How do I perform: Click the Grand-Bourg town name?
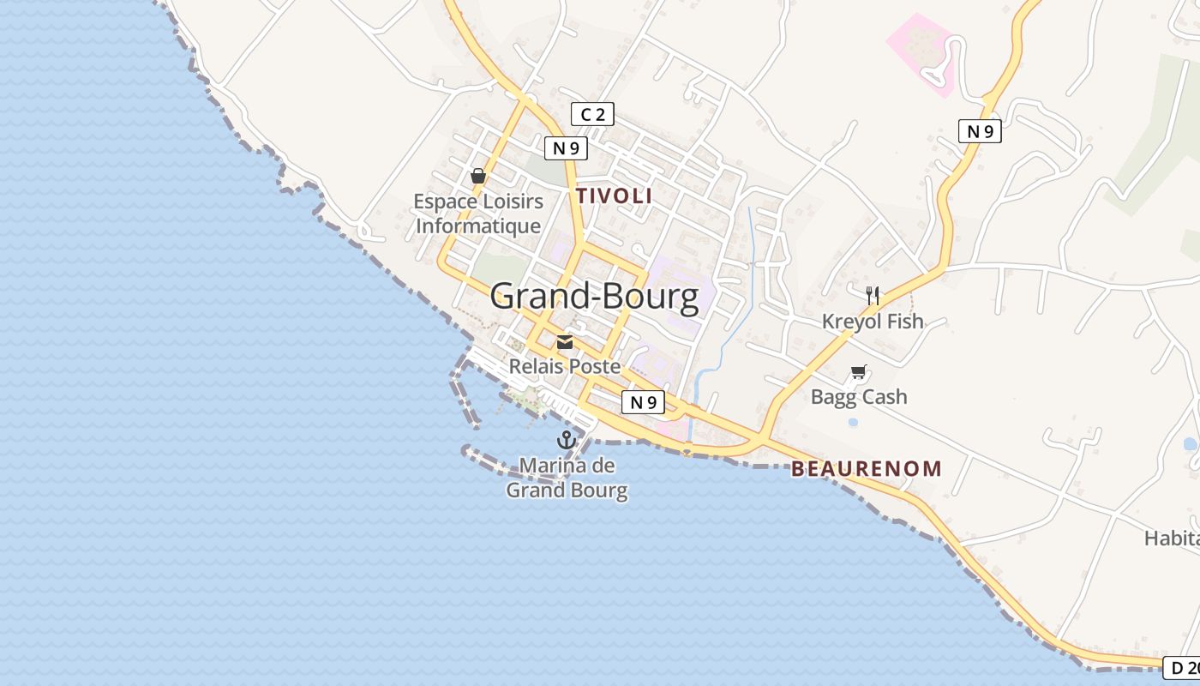tap(594, 298)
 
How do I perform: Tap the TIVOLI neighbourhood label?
tap(614, 196)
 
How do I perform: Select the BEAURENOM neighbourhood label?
tap(866, 469)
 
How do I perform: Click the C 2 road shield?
tap(592, 114)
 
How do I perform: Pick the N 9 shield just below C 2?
tap(566, 147)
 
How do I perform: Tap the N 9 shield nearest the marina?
tap(642, 402)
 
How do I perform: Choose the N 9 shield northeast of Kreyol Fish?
tap(980, 131)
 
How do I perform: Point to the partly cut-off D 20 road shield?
tap(1183, 667)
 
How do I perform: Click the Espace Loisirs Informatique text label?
tap(478, 214)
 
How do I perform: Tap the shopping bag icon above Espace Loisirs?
tap(478, 176)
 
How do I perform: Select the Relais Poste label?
tap(565, 366)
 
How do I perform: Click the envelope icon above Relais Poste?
tap(565, 343)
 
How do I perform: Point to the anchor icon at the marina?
tap(566, 440)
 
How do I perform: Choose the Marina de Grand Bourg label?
tap(567, 478)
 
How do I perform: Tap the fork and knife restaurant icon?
tap(873, 296)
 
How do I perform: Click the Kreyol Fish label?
tap(873, 322)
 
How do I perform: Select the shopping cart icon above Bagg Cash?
tap(858, 371)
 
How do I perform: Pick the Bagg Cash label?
tap(858, 397)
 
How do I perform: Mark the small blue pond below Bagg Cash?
tap(852, 423)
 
